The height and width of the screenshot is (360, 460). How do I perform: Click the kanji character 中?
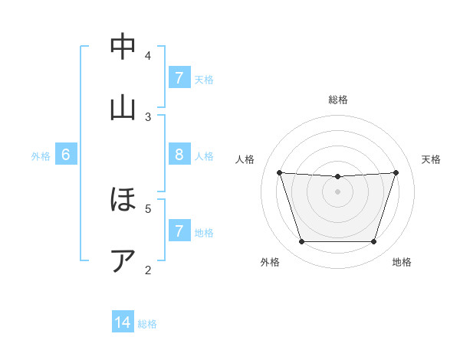tap(123, 47)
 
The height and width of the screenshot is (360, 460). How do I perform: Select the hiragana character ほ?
tap(123, 201)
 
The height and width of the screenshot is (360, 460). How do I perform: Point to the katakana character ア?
tap(123, 260)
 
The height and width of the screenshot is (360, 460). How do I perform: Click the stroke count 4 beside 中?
tap(148, 55)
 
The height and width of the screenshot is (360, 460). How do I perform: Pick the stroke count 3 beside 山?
tap(148, 116)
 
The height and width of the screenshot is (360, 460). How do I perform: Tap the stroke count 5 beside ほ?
tap(148, 208)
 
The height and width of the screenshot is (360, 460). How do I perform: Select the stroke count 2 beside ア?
tap(148, 270)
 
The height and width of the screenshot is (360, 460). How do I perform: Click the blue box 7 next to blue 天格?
tap(179, 78)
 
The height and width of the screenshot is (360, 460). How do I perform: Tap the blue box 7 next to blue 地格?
tap(179, 231)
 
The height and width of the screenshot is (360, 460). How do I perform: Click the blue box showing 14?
tap(123, 322)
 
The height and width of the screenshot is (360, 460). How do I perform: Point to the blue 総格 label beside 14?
tap(147, 324)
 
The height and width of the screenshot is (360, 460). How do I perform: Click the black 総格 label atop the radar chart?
tap(338, 100)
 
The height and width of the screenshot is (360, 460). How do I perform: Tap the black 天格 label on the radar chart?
tap(431, 159)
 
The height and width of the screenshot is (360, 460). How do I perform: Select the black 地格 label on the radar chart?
tap(402, 262)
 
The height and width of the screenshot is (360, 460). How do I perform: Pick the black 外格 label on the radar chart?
tap(270, 262)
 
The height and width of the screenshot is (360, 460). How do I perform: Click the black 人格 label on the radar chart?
tap(245, 159)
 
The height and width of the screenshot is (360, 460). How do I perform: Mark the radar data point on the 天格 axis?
tap(396, 172)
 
